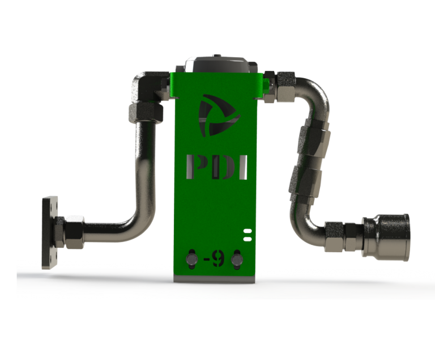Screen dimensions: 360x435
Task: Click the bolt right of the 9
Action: point(236,260)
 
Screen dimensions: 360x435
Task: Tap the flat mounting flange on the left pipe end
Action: point(50,232)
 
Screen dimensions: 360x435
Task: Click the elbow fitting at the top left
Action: point(144,86)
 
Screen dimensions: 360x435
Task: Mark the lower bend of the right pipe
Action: point(309,224)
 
